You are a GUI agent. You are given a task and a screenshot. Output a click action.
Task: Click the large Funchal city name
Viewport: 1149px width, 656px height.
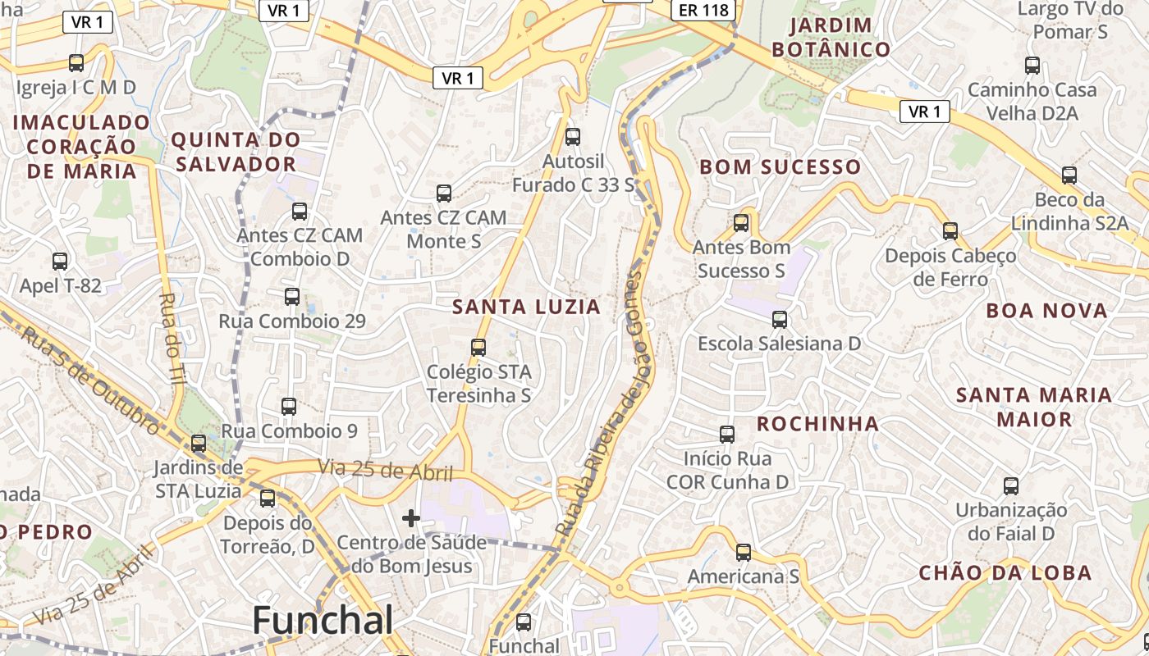(x=323, y=620)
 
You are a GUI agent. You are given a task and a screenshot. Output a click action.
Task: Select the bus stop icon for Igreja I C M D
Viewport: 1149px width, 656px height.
(x=76, y=62)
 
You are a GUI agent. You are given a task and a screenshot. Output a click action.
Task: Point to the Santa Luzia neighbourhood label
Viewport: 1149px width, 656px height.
(x=526, y=307)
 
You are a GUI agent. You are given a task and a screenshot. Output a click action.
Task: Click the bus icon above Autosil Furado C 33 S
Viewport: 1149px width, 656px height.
(x=573, y=136)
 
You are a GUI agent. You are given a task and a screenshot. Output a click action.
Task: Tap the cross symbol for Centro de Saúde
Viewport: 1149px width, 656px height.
(x=411, y=518)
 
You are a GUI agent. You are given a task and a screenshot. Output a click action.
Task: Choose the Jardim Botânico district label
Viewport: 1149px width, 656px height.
(x=831, y=37)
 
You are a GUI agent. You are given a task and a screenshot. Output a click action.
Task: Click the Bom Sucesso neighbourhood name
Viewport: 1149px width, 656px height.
(x=780, y=167)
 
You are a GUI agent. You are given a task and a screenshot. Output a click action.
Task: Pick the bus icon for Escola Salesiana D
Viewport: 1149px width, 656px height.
(x=780, y=319)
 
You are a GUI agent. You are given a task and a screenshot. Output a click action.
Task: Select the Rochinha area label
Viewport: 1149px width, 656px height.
(x=817, y=424)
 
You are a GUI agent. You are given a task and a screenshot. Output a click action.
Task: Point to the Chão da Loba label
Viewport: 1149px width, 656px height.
(x=1005, y=572)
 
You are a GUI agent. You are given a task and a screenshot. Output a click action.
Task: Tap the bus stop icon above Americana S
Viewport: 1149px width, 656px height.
(x=744, y=552)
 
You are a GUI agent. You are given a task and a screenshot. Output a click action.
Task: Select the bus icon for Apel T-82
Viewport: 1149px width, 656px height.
(x=60, y=262)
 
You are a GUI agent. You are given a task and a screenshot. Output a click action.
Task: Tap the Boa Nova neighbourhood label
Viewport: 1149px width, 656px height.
(x=1046, y=311)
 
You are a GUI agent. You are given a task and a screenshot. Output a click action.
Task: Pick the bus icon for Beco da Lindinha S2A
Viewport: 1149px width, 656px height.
(x=1069, y=175)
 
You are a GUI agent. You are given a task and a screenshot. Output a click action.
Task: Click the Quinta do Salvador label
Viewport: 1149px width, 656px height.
(x=235, y=152)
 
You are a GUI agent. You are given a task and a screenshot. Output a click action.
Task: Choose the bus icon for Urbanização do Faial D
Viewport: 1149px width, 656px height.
(x=1011, y=485)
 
